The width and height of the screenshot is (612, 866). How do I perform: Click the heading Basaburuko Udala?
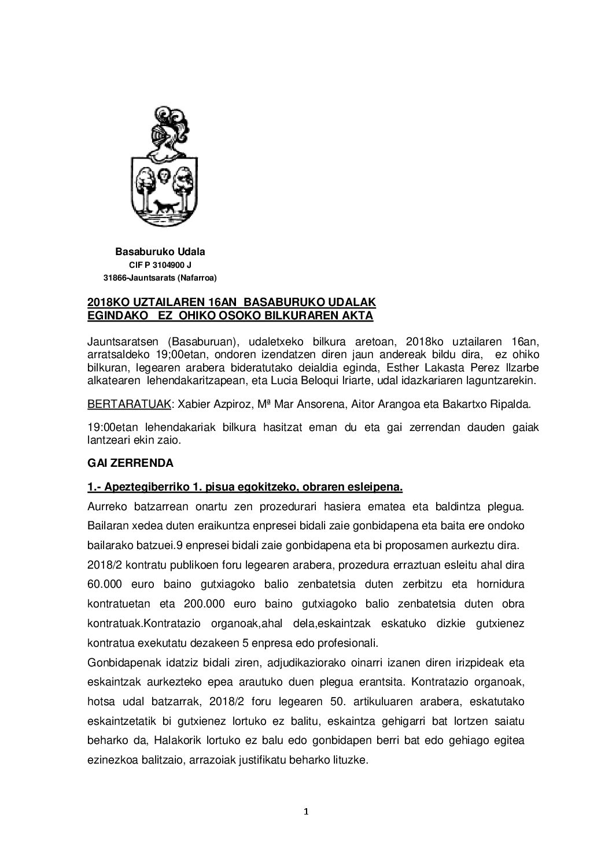pos(160,252)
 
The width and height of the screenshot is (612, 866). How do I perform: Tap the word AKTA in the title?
pos(357,316)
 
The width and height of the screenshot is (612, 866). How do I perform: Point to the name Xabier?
pos(190,403)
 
